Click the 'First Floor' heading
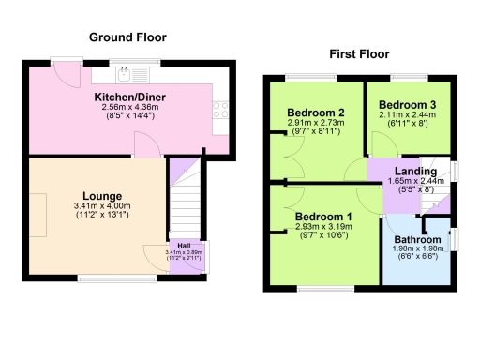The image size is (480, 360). pos(358,54)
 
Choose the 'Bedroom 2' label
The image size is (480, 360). pos(312,112)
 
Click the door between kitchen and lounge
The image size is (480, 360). pos(146,145)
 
